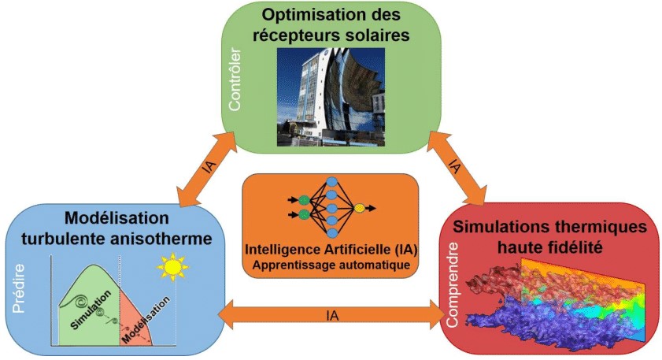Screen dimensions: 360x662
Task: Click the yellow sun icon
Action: [x=172, y=268]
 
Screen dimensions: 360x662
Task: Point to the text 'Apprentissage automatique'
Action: [x=331, y=265]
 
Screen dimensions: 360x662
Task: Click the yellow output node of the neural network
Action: [x=359, y=209]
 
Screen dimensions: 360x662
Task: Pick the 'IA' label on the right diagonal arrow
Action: [x=455, y=167]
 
